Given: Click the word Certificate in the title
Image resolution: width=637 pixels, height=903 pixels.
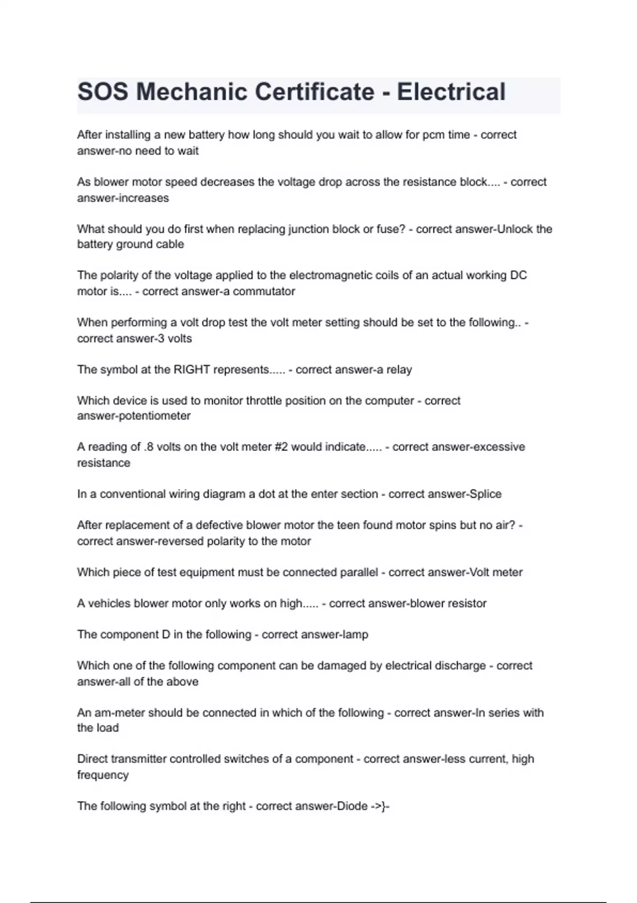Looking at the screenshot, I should (314, 92).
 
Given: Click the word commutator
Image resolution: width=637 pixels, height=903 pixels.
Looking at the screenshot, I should (264, 291).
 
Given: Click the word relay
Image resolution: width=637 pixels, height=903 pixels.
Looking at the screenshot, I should (399, 370).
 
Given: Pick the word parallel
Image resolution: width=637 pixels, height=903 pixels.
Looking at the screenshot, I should (357, 572).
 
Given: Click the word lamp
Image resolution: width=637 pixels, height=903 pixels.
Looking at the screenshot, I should (356, 634).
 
